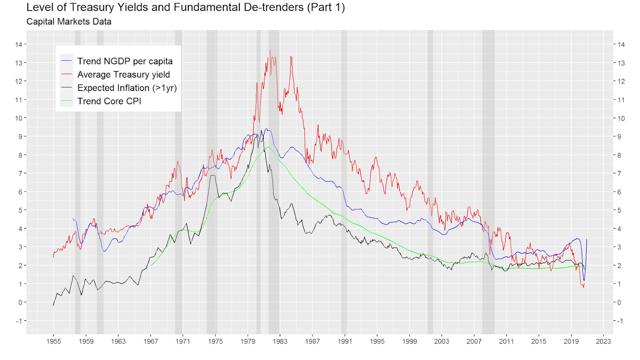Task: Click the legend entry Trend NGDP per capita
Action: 125,61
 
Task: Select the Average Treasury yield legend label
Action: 123,75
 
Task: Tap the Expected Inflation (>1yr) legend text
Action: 127,88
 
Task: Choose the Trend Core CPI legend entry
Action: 109,102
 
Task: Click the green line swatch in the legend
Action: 66,101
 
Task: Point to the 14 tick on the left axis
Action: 18,44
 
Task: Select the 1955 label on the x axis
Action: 53,341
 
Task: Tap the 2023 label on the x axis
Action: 603,341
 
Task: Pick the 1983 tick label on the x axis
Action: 280,341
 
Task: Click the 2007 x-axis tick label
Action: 474,341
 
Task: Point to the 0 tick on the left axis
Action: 20,302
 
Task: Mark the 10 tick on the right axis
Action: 621,118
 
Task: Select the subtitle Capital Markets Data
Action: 69,22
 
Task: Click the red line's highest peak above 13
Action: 270,50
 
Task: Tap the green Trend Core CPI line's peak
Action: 268,147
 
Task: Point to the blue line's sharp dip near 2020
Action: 584,280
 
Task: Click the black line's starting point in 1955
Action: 53,305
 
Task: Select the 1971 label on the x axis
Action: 183,341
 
